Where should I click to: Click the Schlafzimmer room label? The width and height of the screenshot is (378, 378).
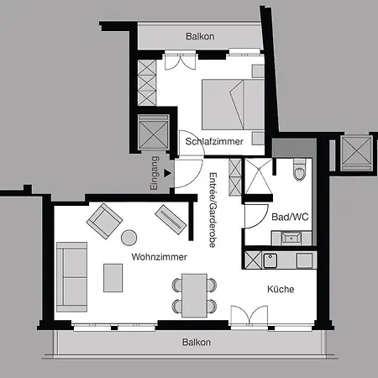pos(214,141)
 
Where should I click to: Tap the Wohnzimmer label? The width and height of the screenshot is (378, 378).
pos(159,257)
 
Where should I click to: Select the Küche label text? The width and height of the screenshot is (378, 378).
pos(281,289)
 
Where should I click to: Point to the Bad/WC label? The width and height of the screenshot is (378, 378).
pos(290,217)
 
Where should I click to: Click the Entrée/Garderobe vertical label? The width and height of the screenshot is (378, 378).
pos(213,210)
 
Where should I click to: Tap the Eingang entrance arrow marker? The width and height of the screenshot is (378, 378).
pos(167,173)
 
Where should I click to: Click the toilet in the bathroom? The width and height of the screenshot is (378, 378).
pos(299,170)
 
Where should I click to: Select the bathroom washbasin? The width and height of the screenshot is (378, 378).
pos(291,239)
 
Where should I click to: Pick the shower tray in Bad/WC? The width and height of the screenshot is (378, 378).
pos(258,176)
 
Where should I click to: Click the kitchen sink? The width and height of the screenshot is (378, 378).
pos(270,260)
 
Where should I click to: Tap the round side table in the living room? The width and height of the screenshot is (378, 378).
pos(129,238)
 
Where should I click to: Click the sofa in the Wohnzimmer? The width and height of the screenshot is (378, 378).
pos(72,277)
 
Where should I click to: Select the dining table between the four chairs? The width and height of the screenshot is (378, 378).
pos(194,296)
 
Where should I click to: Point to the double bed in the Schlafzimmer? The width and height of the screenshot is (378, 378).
pos(233,104)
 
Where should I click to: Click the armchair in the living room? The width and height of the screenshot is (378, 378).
pos(104,221)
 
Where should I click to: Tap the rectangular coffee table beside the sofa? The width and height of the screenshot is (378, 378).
pos(113,278)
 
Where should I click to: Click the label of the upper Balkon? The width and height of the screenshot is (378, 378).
pos(200,36)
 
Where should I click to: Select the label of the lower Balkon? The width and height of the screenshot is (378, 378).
pos(197,342)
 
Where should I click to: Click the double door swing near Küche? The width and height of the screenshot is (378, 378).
pos(249,315)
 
